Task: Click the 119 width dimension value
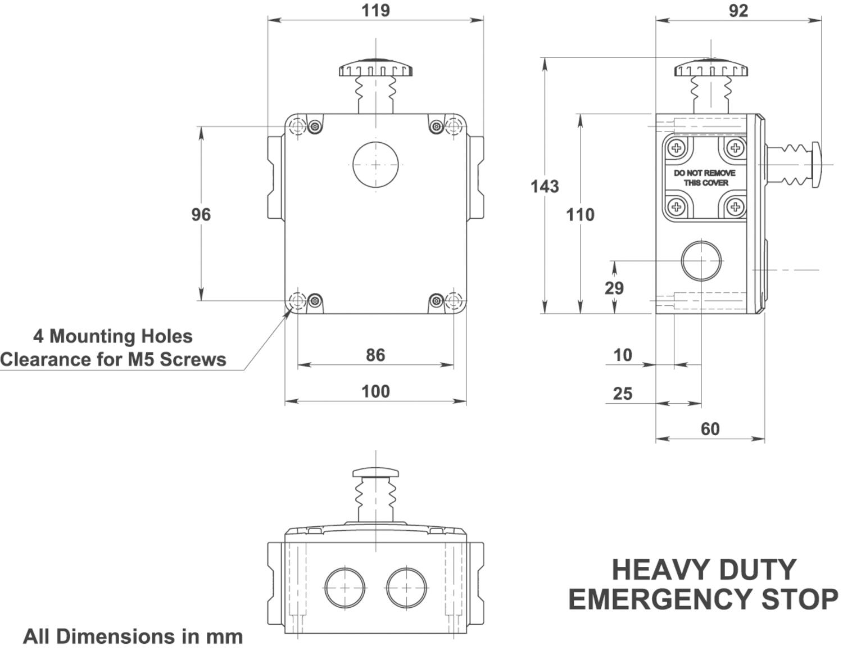coord(375,11)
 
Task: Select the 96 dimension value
coord(201,214)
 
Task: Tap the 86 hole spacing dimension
coord(375,355)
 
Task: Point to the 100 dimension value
coord(375,391)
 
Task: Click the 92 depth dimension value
coord(738,11)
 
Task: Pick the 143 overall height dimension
coord(545,186)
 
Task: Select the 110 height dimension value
coord(580,214)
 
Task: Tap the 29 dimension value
coord(614,288)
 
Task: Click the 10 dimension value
coord(623,355)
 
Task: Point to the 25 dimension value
coord(623,394)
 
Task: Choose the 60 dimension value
coord(710,429)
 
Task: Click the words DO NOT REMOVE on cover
coord(705,173)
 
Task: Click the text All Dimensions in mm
coord(133,637)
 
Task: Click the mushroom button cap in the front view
coord(375,70)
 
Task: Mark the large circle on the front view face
coord(375,165)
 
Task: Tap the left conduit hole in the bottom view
coord(345,588)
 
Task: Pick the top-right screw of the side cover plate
coord(736,148)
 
